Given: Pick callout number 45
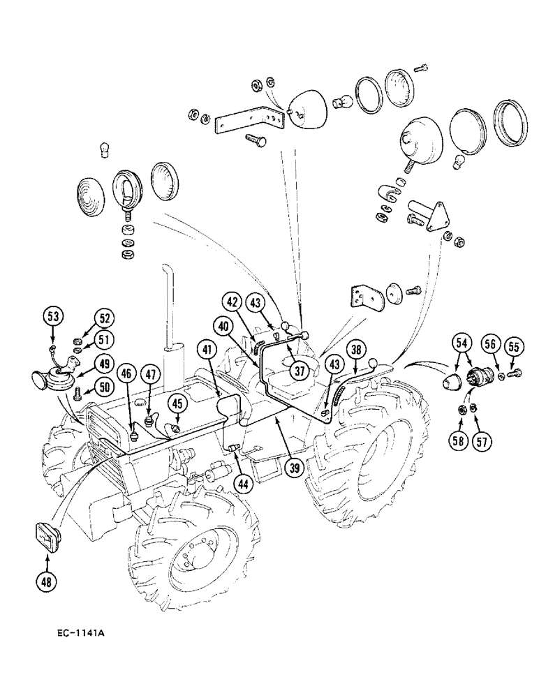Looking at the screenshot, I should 177,403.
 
